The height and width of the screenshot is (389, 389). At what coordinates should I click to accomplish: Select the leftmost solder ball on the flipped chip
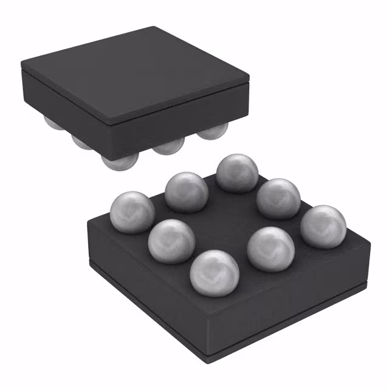pos(132,211)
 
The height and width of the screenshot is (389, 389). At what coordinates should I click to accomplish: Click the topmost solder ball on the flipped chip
pos(238,173)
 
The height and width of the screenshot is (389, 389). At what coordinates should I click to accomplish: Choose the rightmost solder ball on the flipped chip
pos(323,225)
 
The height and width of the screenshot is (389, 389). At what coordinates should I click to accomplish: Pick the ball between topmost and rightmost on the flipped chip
pos(279,198)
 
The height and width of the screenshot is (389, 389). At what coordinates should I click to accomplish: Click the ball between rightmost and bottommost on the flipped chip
pos(270,249)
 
